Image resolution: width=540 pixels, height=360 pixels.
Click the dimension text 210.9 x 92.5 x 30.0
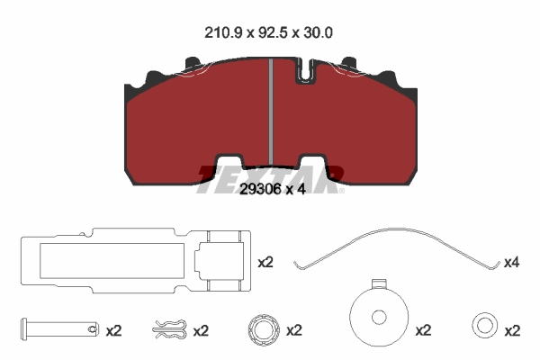[268, 33]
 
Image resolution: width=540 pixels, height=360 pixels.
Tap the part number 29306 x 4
[273, 189]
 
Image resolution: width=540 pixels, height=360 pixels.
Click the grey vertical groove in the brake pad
[271, 112]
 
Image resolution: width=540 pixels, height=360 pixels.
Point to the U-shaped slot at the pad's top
[305, 70]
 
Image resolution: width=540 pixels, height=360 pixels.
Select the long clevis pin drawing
[59, 329]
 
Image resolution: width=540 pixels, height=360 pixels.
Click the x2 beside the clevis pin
[113, 331]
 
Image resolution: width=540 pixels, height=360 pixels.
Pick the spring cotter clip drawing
[169, 329]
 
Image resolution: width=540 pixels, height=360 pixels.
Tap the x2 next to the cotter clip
[201, 331]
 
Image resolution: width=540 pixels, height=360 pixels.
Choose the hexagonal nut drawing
[264, 330]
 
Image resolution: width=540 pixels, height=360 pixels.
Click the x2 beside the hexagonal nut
[294, 330]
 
